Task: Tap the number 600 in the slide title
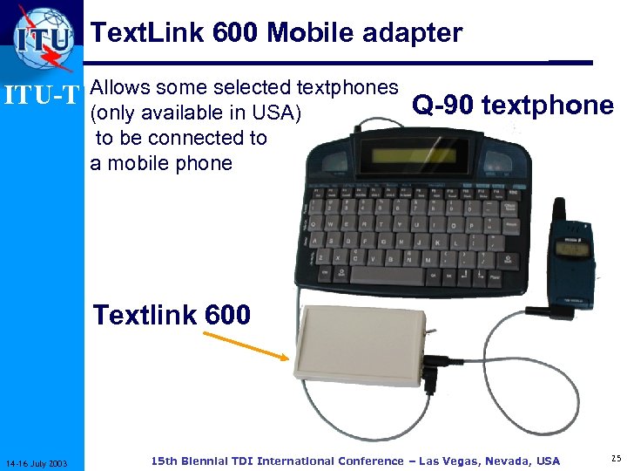click(x=233, y=33)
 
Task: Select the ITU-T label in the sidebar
click(x=43, y=92)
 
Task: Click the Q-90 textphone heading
click(x=513, y=106)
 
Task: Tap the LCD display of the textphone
click(x=419, y=158)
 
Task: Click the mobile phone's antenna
click(x=558, y=208)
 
